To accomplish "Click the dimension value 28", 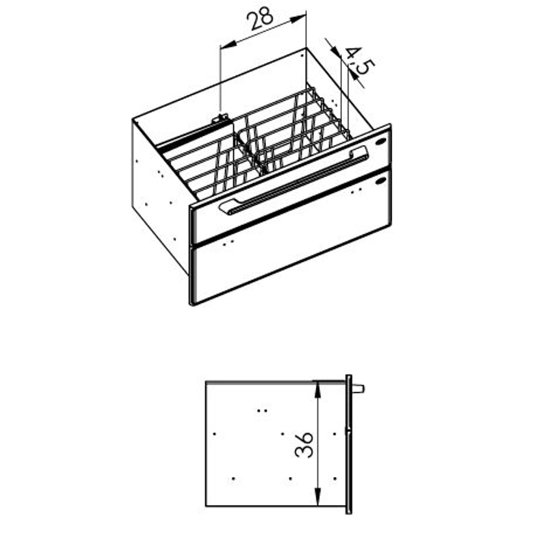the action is (260, 18).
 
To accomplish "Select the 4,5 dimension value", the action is (360, 62).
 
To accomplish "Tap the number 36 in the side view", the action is (304, 444).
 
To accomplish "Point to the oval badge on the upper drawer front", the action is (381, 141).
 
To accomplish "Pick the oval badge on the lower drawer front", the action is (381, 181).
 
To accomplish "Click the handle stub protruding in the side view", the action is (358, 388).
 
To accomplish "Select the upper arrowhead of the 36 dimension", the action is (318, 390).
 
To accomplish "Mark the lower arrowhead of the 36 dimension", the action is (318, 497).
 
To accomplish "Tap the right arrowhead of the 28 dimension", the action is (298, 19).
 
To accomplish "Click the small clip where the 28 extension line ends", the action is (220, 119).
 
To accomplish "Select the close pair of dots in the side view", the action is (262, 410).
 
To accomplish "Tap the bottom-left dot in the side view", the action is (233, 479).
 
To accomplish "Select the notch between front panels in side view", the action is (348, 431).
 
